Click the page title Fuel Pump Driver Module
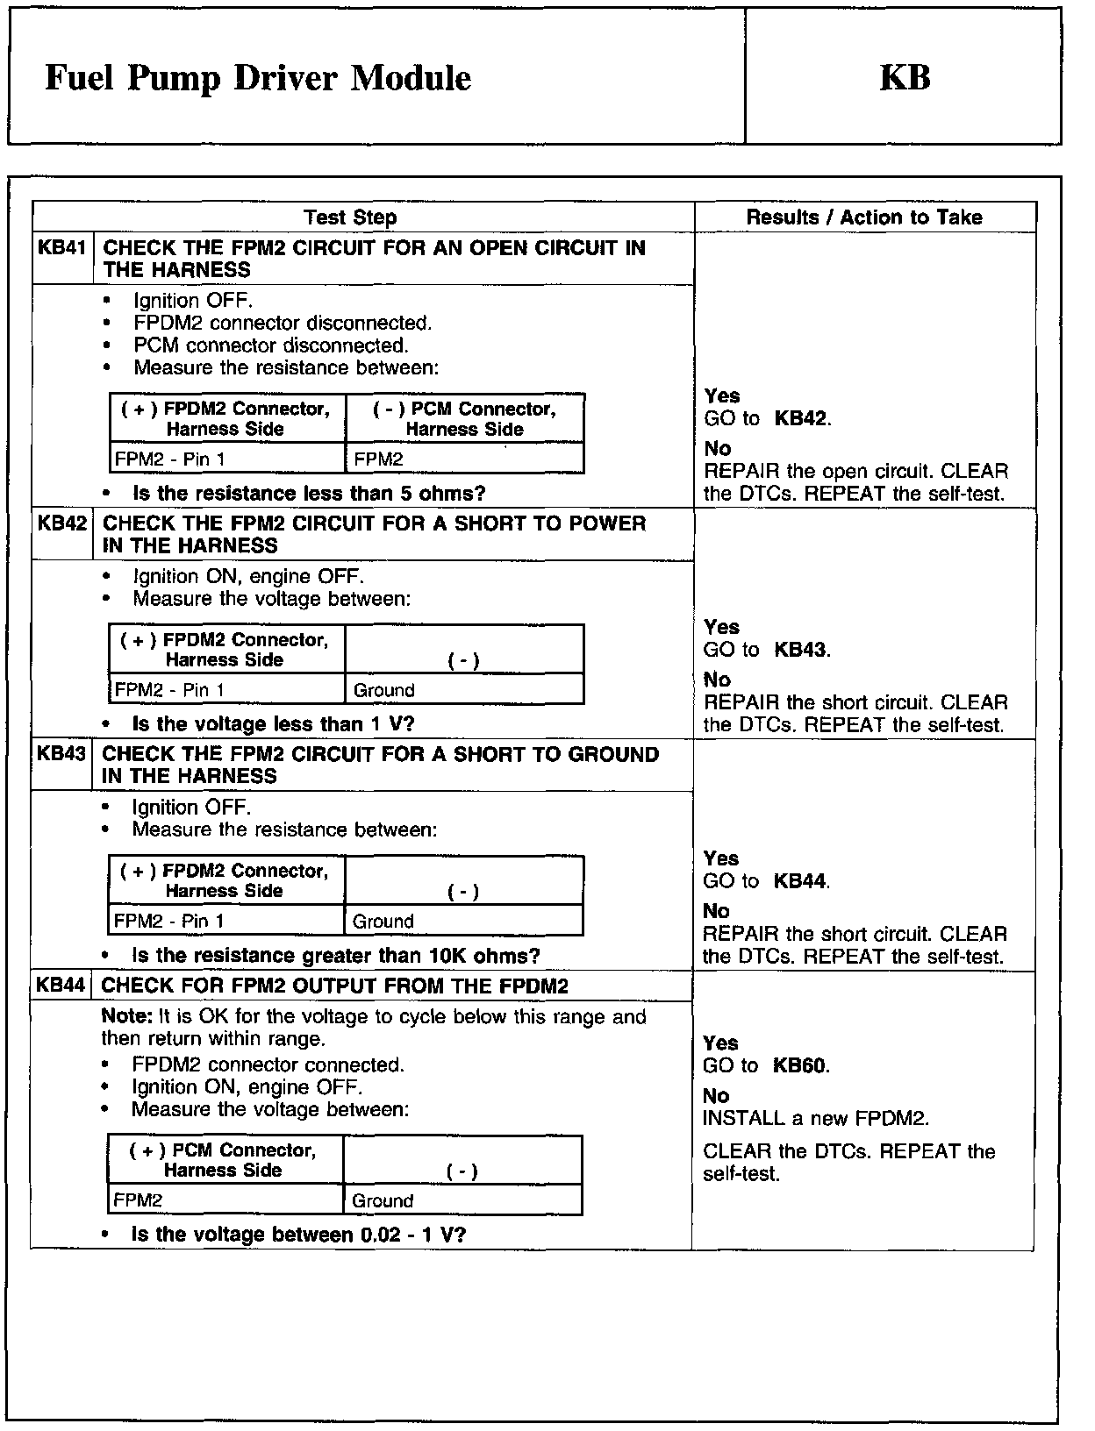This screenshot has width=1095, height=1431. pyautogui.click(x=257, y=79)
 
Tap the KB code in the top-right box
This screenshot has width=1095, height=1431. pyautogui.click(x=904, y=78)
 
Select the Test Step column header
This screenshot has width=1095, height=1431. pyautogui.click(x=350, y=217)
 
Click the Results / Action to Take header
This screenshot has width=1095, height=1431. pyautogui.click(x=864, y=217)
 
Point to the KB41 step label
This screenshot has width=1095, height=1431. pyautogui.click(x=62, y=248)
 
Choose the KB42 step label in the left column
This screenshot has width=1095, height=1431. pyautogui.click(x=62, y=523)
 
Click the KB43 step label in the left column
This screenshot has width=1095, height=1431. pyautogui.click(x=61, y=754)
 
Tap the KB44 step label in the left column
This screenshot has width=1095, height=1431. pyautogui.click(x=61, y=986)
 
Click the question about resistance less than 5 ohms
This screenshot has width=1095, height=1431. pyautogui.click(x=309, y=494)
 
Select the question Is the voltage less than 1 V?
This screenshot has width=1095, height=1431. pyautogui.click(x=273, y=724)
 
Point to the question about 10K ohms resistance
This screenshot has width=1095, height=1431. pyautogui.click(x=335, y=955)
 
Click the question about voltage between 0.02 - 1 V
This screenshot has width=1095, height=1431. pyautogui.click(x=298, y=1235)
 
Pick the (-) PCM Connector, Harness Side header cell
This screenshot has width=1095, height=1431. pyautogui.click(x=464, y=419)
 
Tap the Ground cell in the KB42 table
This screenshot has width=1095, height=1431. pyautogui.click(x=383, y=690)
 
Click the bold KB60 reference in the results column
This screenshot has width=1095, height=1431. pyautogui.click(x=800, y=1065)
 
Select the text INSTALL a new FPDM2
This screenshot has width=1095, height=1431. pyautogui.click(x=815, y=1119)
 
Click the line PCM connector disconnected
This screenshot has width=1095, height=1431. pyautogui.click(x=271, y=345)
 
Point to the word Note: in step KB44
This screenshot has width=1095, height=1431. pyautogui.click(x=127, y=1017)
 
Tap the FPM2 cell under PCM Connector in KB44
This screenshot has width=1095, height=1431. pyautogui.click(x=138, y=1200)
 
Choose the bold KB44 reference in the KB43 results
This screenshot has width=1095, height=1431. pyautogui.click(x=800, y=881)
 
